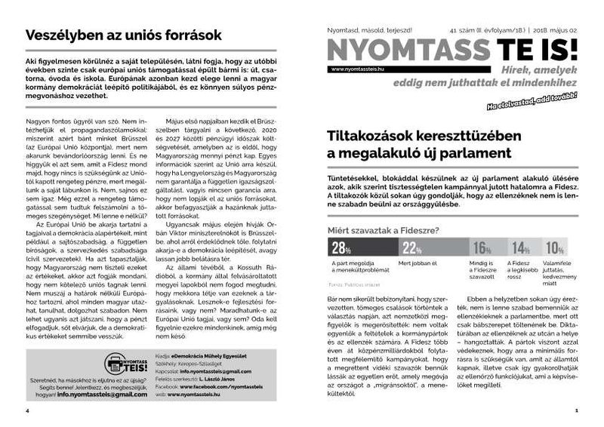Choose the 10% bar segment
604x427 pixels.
tap(557, 247)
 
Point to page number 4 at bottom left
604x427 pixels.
tap(27, 410)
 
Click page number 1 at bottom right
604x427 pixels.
tap(575, 410)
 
